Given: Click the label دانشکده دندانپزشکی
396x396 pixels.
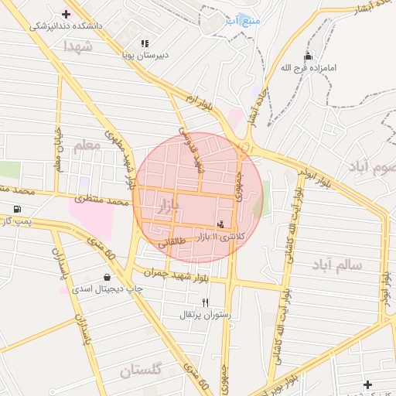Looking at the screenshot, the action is [x=66, y=26].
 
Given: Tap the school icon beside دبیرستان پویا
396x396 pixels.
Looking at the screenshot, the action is [x=145, y=44].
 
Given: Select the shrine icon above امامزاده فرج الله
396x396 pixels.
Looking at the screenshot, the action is [x=309, y=56].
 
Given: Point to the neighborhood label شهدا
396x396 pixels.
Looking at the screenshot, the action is [x=79, y=46].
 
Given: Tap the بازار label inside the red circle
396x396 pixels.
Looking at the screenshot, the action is [x=167, y=206].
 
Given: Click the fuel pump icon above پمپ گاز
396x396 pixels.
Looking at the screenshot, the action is [x=17, y=210].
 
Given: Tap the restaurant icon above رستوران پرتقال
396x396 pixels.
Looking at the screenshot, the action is [x=205, y=302].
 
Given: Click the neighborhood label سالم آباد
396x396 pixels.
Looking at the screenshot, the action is [x=336, y=265].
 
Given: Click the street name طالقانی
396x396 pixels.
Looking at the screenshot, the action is [x=172, y=244].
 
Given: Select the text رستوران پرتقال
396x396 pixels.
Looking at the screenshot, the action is [x=206, y=315].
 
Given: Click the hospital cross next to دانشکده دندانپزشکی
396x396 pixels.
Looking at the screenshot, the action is [x=66, y=13].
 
